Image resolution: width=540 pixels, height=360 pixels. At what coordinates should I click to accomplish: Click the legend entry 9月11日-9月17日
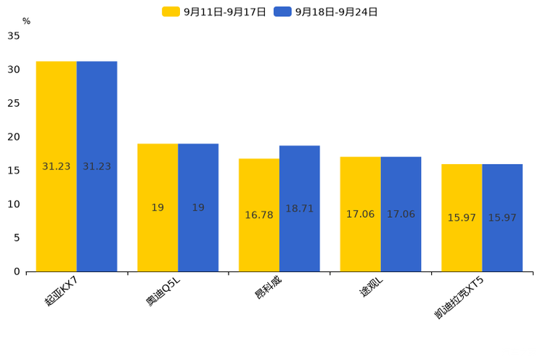215,12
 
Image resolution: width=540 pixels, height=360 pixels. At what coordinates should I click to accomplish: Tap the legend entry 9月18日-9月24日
327,12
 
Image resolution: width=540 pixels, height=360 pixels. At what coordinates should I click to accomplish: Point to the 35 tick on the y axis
14,36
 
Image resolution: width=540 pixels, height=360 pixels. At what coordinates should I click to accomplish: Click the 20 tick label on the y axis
14,136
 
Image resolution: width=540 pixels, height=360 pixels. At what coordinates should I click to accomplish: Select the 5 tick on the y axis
17,237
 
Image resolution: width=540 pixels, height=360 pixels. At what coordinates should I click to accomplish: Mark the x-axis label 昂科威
268,288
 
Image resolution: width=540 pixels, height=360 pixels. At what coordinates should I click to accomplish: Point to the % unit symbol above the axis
26,21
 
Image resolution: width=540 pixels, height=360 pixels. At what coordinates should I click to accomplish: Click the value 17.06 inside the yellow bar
360,214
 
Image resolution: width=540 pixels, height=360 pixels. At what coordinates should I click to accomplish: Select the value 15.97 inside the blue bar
502,218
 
